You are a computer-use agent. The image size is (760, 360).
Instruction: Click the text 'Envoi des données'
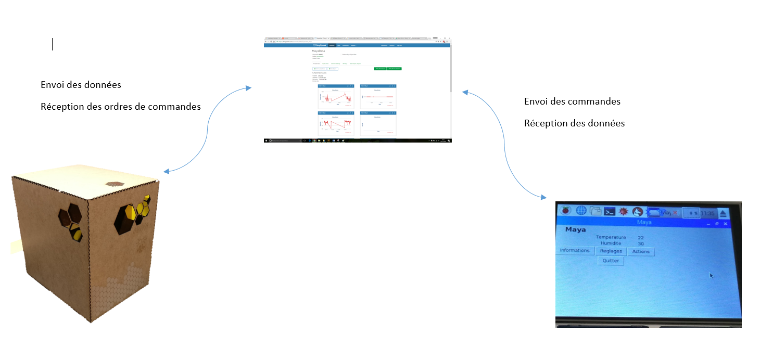(81, 85)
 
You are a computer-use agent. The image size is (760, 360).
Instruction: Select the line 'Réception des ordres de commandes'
(120, 107)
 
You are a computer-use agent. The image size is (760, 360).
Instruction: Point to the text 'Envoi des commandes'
(572, 101)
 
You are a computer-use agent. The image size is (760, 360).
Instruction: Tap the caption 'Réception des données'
(574, 123)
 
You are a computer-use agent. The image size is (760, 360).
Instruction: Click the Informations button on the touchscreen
(575, 251)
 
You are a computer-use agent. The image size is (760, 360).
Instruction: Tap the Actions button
(641, 251)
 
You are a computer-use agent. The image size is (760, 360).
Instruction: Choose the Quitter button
(611, 261)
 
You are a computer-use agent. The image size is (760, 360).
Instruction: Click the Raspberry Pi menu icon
(566, 211)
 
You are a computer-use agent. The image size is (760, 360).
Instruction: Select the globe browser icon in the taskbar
(581, 211)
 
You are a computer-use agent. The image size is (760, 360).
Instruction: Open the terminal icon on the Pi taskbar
(610, 211)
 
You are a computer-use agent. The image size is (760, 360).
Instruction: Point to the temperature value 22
(640, 238)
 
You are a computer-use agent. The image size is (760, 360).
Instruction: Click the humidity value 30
(640, 243)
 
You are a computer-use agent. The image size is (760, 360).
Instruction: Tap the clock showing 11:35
(707, 213)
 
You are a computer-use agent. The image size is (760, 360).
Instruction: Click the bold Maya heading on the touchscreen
(575, 229)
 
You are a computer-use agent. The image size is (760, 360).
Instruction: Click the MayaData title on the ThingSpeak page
(319, 51)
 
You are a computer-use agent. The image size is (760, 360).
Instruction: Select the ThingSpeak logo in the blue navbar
(320, 46)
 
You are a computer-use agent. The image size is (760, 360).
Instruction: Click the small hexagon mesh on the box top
(116, 184)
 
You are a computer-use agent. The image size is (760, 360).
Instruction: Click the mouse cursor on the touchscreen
(711, 275)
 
